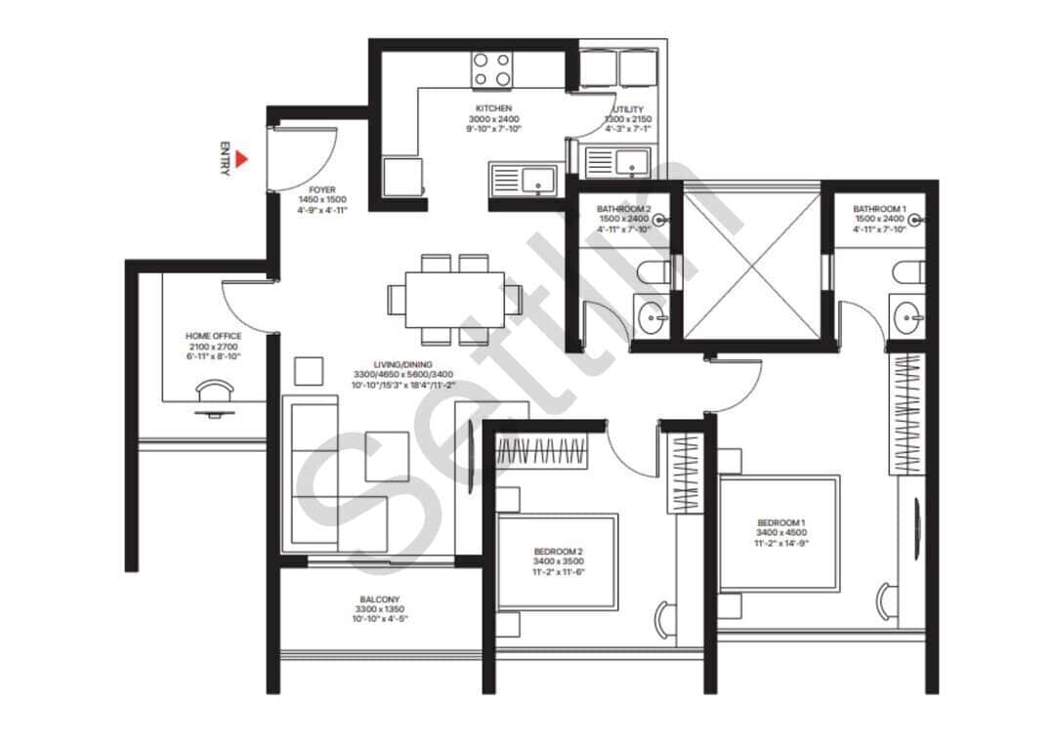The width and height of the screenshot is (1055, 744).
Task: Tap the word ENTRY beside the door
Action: click(225, 159)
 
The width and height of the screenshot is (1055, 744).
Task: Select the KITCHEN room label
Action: click(493, 108)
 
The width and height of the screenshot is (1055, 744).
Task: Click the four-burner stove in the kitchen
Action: click(492, 69)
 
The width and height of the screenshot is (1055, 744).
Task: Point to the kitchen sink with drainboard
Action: click(523, 179)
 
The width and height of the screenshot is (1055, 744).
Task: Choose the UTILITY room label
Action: click(627, 109)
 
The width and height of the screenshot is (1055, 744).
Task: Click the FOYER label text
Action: click(322, 190)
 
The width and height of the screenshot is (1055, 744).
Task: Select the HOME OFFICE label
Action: click(213, 336)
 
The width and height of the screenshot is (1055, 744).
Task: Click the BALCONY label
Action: click(379, 599)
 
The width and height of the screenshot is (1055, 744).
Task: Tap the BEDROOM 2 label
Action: click(558, 551)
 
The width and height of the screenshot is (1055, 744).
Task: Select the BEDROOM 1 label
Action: click(781, 523)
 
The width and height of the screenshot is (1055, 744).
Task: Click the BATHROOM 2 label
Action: click(623, 209)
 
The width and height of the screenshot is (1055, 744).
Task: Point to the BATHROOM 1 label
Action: click(879, 209)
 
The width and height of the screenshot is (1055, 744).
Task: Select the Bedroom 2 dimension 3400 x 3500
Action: click(558, 561)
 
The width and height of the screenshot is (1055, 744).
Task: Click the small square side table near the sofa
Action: click(309, 372)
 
